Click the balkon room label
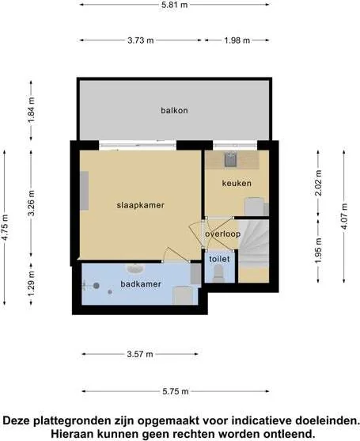(x=174, y=110)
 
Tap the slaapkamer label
(x=141, y=205)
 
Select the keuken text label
(x=237, y=184)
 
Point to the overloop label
(x=222, y=234)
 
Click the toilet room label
(x=219, y=259)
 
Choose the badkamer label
(x=141, y=284)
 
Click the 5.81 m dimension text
(x=174, y=5)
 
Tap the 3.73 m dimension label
(x=141, y=40)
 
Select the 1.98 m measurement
(x=237, y=40)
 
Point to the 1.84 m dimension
(x=31, y=110)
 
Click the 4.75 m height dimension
(x=5, y=227)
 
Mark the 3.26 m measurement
(x=31, y=203)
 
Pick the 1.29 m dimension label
(x=31, y=283)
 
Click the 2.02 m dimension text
(x=318, y=183)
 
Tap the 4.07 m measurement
(x=344, y=216)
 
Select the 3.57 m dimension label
(x=140, y=354)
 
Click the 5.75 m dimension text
(x=176, y=391)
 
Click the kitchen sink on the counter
(x=231, y=159)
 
